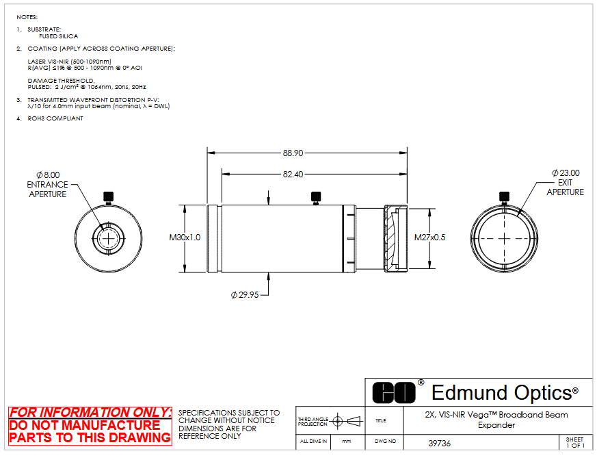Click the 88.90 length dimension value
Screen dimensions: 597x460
pyautogui.click(x=293, y=153)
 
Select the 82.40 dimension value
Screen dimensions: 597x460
pyautogui.click(x=293, y=174)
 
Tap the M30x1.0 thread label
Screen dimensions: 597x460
pyautogui.click(x=185, y=238)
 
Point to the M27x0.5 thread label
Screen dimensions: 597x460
pyautogui.click(x=430, y=238)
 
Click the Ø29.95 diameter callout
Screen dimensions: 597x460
pyautogui.click(x=245, y=295)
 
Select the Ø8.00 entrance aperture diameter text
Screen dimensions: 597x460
pyautogui.click(x=48, y=175)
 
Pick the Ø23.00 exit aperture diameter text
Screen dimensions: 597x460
pyautogui.click(x=566, y=173)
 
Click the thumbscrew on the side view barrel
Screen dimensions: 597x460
pyautogui.click(x=316, y=198)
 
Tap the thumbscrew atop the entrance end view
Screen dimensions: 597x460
pyautogui.click(x=109, y=198)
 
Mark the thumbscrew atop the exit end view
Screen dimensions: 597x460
pyautogui.click(x=504, y=198)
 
